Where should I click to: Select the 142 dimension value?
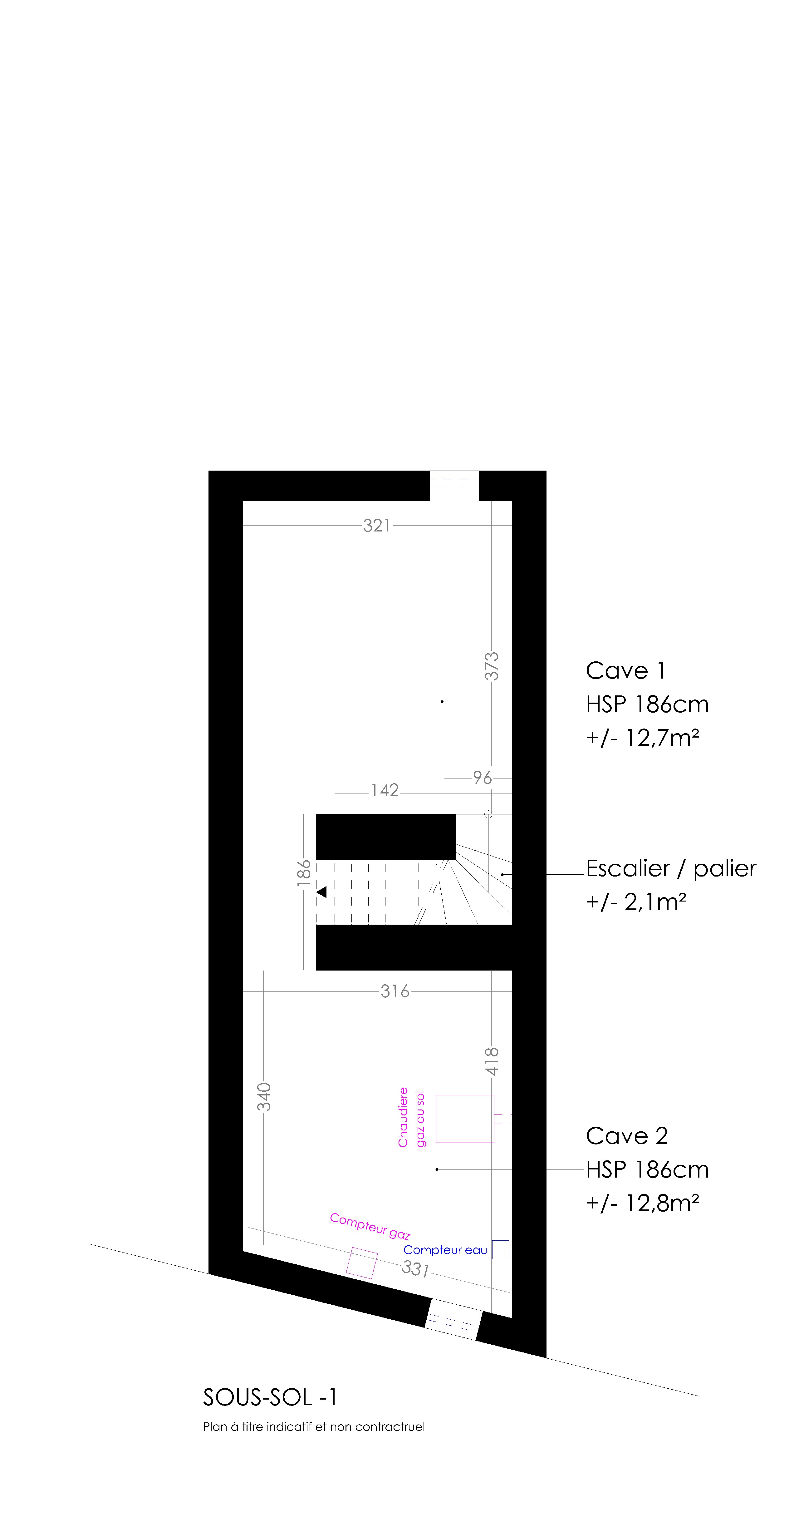tap(385, 790)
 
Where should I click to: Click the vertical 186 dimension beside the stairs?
tap(304, 873)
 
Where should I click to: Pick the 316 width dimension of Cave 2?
tap(395, 991)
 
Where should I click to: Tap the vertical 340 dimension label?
tap(264, 1097)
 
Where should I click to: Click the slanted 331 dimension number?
tap(415, 1268)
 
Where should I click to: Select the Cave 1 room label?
tap(625, 671)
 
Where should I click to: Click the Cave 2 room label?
tap(627, 1136)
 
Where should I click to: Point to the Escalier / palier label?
tap(671, 869)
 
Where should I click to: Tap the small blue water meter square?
tap(501, 1249)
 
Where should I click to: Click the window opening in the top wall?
tap(454, 486)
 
